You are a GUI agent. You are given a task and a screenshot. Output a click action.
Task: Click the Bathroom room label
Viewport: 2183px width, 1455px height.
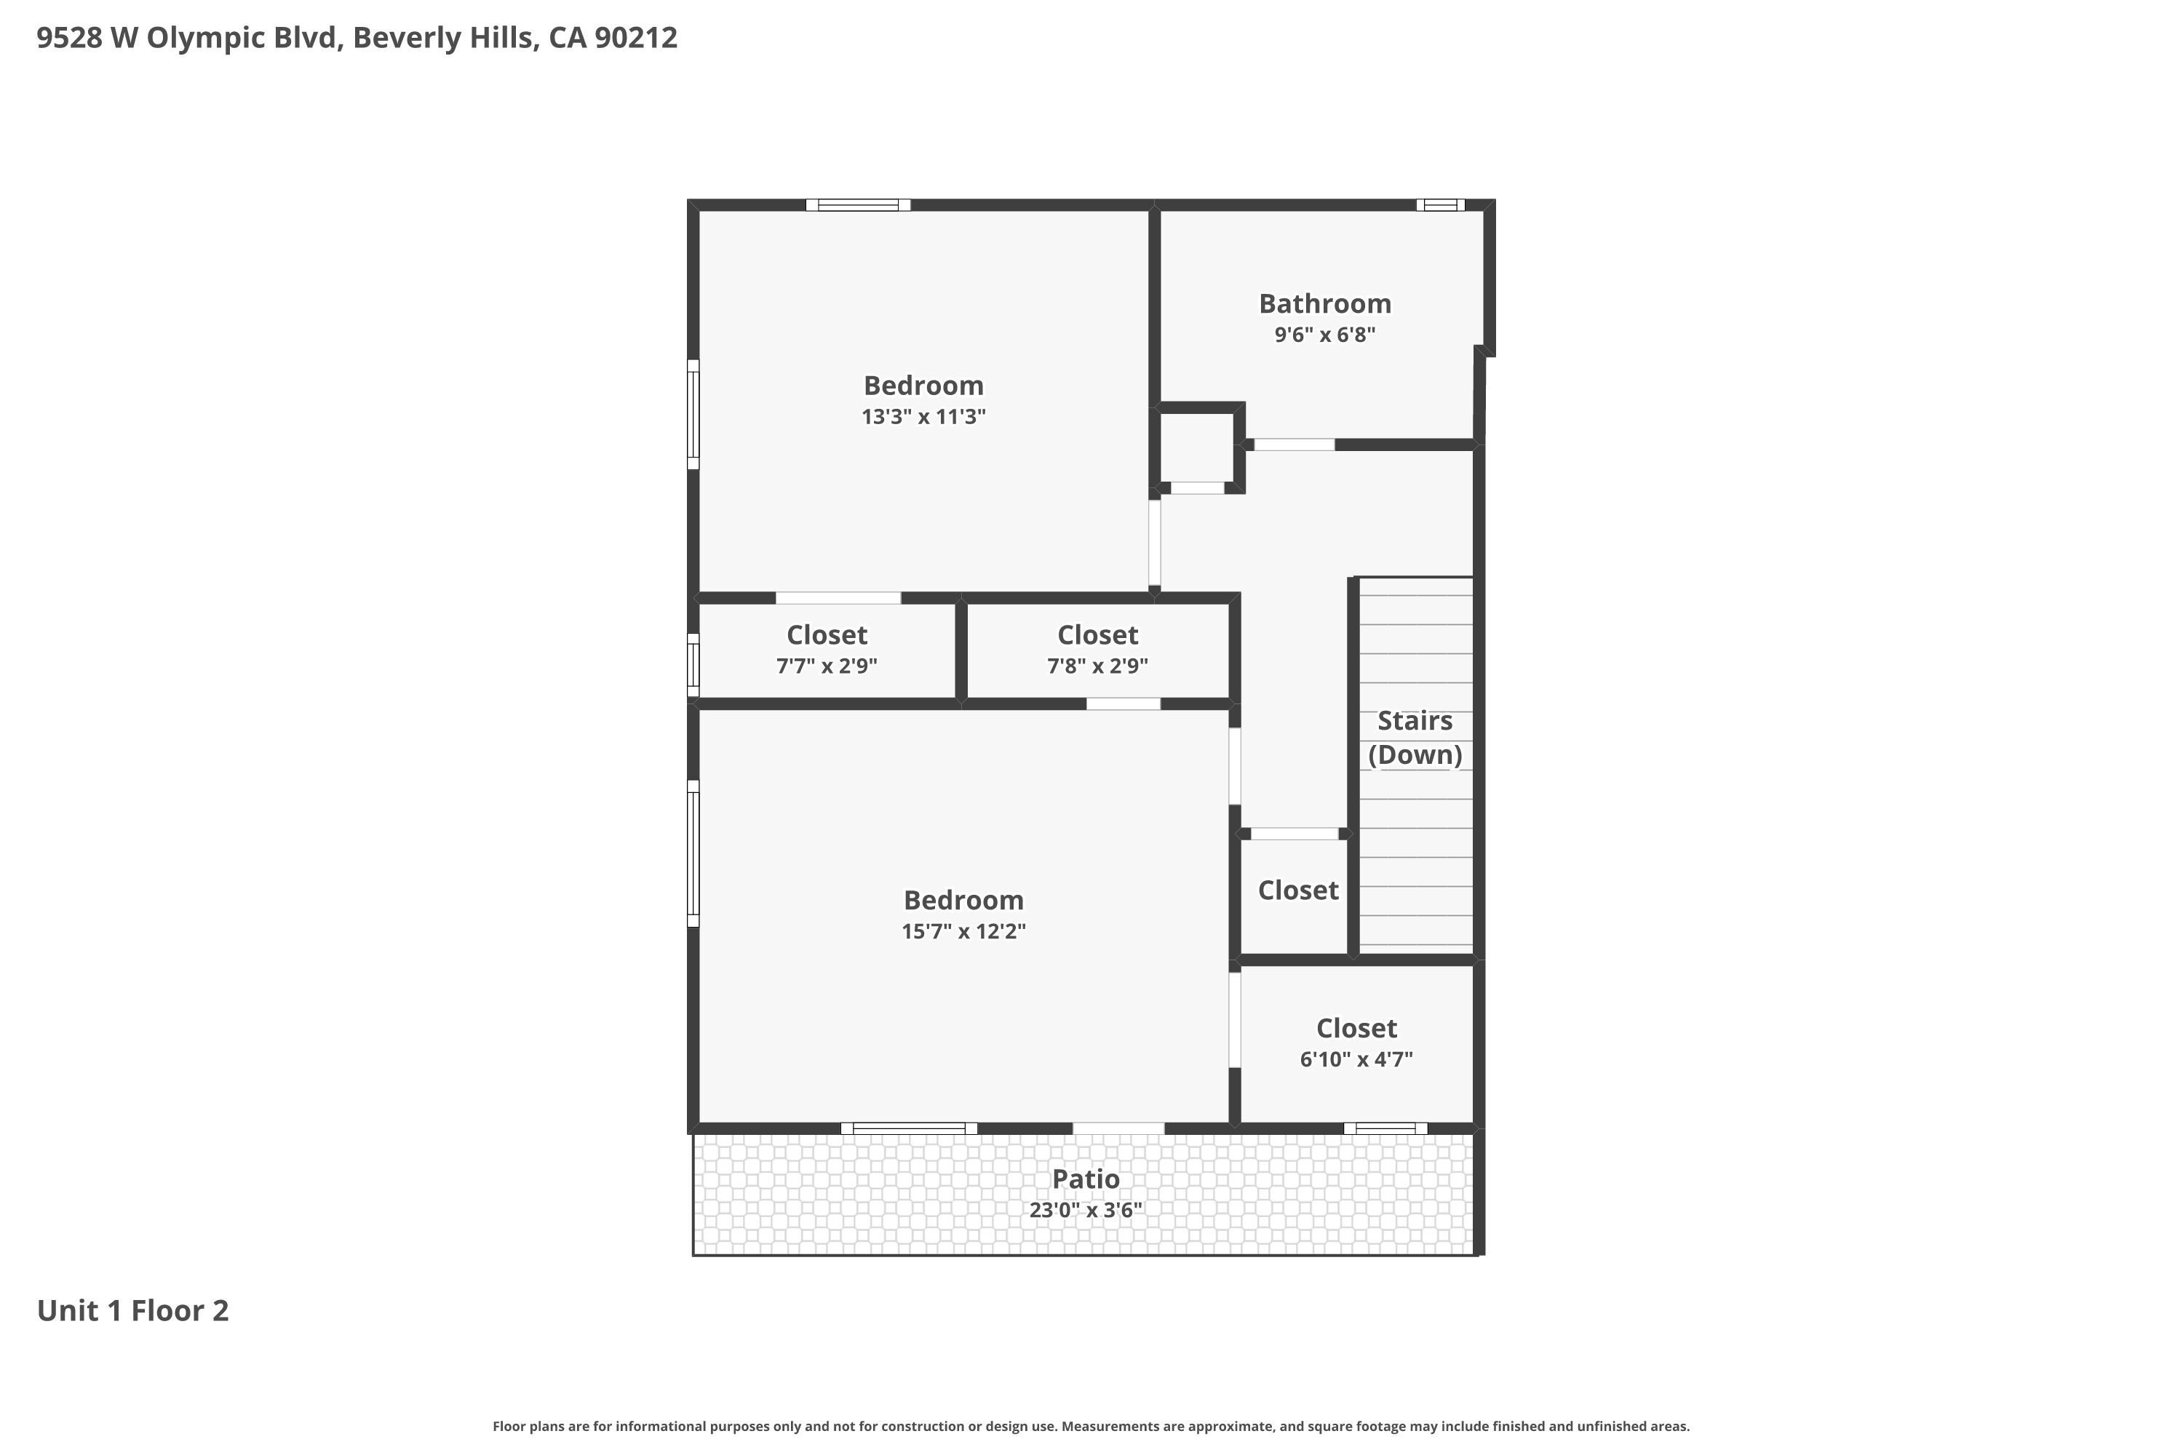click(x=1324, y=303)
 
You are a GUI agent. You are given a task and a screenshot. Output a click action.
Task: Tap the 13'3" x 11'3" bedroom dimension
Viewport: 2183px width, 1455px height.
click(x=923, y=417)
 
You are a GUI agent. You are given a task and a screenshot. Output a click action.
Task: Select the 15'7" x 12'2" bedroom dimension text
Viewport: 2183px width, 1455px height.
click(x=963, y=932)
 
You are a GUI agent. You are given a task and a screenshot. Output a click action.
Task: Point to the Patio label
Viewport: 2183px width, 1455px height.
click(x=1085, y=1179)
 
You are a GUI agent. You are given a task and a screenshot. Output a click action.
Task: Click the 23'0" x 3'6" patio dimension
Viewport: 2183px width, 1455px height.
click(x=1085, y=1210)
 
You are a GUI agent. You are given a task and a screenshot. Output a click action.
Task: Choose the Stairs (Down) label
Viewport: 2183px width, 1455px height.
click(x=1415, y=738)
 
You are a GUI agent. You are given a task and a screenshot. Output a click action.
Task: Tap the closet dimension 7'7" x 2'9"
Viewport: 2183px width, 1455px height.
click(x=826, y=666)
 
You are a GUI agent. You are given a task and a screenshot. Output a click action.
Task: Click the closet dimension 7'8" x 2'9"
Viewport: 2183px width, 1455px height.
click(x=1097, y=666)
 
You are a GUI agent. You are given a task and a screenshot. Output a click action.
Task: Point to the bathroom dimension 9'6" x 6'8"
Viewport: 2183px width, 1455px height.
click(x=1324, y=335)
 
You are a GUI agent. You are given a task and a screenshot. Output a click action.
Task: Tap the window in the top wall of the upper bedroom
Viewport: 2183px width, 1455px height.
click(x=858, y=205)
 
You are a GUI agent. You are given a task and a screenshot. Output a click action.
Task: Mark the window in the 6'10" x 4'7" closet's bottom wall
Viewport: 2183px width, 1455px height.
click(x=1385, y=1128)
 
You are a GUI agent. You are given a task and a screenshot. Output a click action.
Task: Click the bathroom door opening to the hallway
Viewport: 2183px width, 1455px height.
click(x=1294, y=445)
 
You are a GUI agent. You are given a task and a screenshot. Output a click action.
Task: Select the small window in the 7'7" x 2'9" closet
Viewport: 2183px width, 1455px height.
click(x=693, y=664)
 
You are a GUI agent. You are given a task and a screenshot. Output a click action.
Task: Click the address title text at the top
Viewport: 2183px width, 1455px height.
click(x=357, y=38)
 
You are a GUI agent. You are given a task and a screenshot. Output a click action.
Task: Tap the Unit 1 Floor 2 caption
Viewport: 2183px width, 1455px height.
click(x=132, y=1310)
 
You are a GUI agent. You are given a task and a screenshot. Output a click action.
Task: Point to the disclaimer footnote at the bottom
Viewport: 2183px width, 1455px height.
click(x=1091, y=1426)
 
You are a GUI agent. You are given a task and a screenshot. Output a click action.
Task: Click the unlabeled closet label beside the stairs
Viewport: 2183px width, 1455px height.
click(x=1297, y=890)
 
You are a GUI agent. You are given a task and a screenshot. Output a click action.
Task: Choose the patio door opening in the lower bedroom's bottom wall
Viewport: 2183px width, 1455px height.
click(x=1118, y=1128)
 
